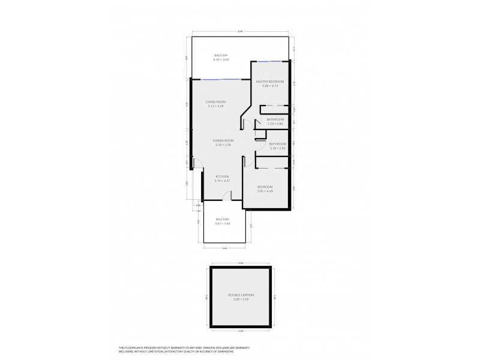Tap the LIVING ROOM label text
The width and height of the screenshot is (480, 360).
pos(215,102)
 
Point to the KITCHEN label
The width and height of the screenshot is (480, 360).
pos(223,176)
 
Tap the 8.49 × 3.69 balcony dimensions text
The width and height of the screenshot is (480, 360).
pos(221,60)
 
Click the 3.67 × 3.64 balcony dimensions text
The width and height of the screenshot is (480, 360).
pos(223,224)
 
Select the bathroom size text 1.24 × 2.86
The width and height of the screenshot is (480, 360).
pos(275,124)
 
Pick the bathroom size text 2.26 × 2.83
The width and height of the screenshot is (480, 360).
pos(277,148)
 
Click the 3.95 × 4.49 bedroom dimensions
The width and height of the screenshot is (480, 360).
pos(265,191)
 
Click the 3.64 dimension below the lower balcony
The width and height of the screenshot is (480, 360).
pos(224,247)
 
